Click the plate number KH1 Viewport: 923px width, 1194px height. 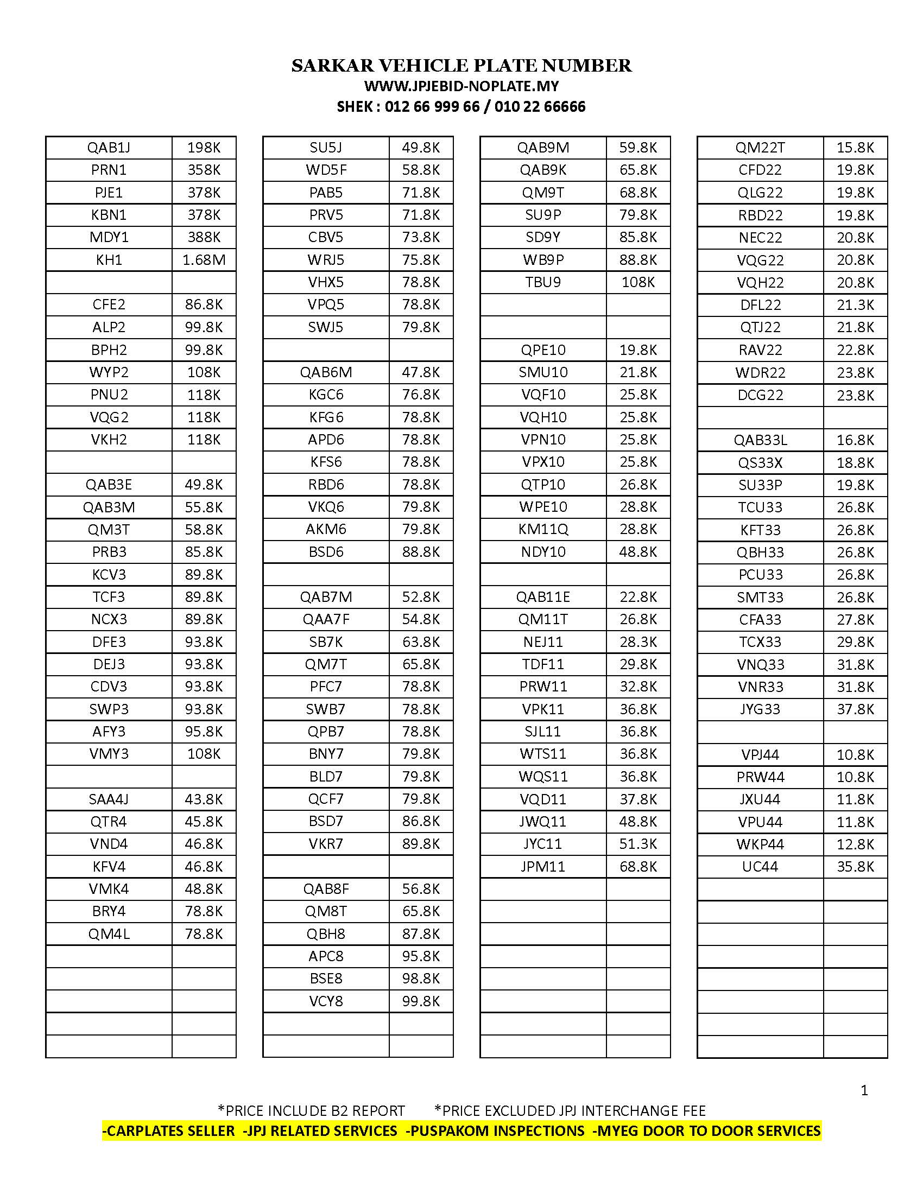tap(109, 259)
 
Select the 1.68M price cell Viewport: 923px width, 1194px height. tap(204, 259)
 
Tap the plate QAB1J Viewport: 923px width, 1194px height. tap(109, 148)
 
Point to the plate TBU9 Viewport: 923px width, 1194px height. tap(543, 282)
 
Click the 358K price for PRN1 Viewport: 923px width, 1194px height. tap(204, 170)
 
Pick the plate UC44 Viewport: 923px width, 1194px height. tap(760, 867)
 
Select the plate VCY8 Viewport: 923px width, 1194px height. tap(326, 1001)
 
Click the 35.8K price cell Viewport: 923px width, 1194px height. tap(855, 867)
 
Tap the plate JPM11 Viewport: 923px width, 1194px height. tap(543, 867)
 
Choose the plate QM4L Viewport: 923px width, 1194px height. tap(109, 934)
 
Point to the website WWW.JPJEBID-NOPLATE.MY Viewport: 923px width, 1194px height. tap(461, 86)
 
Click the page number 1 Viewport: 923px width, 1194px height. tap(864, 1091)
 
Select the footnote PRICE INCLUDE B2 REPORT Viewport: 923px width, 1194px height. tap(312, 1110)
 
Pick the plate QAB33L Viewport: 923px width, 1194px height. tap(760, 440)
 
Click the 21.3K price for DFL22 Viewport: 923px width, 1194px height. tap(855, 305)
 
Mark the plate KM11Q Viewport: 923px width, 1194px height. tap(543, 529)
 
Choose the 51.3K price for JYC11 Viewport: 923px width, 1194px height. tap(638, 843)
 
